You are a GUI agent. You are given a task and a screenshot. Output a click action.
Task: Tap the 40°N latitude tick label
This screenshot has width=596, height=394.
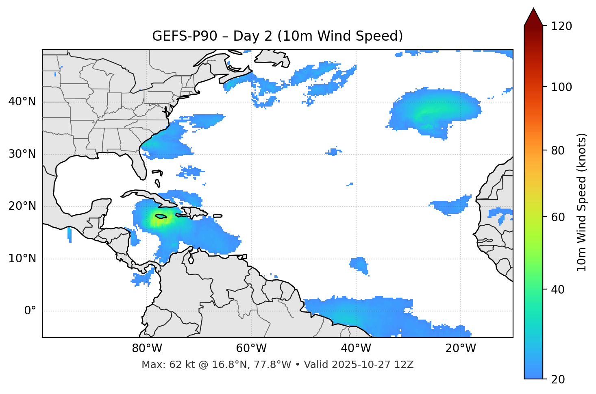[x=22, y=102]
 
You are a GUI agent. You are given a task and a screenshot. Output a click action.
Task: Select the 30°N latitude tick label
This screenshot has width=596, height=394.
[x=22, y=154]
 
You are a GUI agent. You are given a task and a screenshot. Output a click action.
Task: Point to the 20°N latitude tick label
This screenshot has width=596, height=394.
[x=22, y=206]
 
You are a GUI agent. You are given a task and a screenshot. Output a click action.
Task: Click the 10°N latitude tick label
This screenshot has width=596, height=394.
[x=22, y=259]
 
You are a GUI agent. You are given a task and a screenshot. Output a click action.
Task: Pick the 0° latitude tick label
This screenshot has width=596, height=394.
[x=30, y=311]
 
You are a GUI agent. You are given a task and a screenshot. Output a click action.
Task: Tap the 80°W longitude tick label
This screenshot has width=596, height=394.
[x=147, y=348]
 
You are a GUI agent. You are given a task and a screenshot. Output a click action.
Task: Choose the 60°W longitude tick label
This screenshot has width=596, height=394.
[x=251, y=348]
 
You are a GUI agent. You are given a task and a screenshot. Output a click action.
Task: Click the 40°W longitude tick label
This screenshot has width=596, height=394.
[x=356, y=348]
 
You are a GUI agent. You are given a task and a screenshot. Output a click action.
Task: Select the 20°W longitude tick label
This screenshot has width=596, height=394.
[x=460, y=348]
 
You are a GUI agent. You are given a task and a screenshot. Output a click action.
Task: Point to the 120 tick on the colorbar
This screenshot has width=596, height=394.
[x=562, y=26]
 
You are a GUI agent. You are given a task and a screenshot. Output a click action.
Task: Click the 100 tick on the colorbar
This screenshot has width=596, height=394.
[x=562, y=87]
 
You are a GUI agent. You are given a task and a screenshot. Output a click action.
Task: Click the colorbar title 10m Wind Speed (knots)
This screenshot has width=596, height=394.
[x=582, y=202]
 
